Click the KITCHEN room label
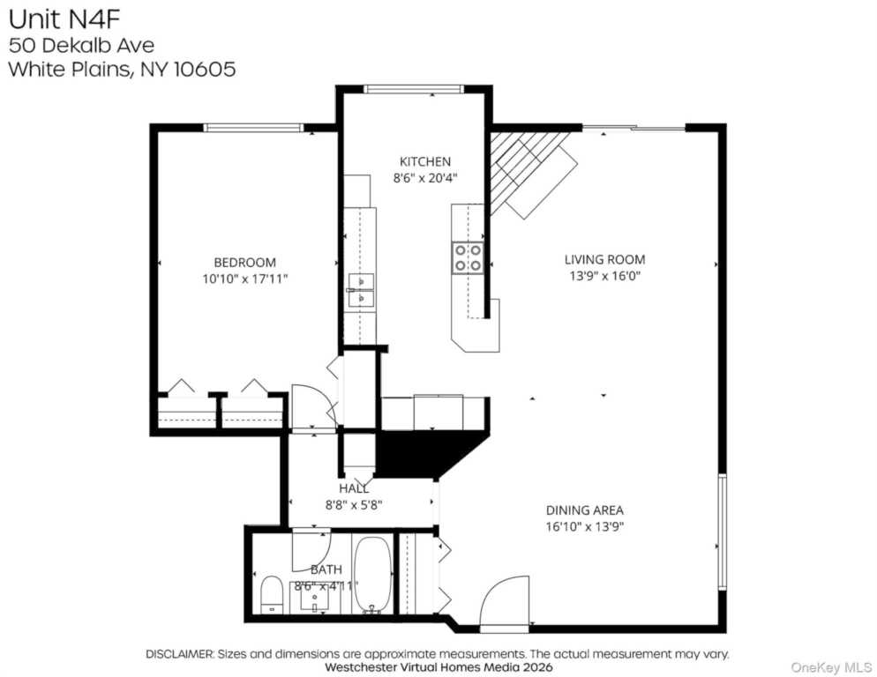click(x=425, y=161)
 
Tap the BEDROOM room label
click(x=245, y=262)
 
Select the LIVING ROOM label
click(x=604, y=259)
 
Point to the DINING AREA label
click(x=584, y=510)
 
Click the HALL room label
click(x=354, y=488)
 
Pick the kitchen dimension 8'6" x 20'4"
click(x=425, y=178)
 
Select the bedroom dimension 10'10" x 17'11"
click(x=245, y=279)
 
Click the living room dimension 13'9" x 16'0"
click(x=604, y=276)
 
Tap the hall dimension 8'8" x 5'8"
click(x=354, y=505)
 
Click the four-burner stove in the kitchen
click(x=468, y=257)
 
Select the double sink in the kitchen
click(x=362, y=291)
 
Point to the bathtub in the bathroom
click(x=373, y=576)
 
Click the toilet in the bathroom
click(x=273, y=595)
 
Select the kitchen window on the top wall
click(x=414, y=89)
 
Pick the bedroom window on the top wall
click(x=253, y=128)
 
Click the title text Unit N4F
click(x=64, y=19)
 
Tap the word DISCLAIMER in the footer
click(x=179, y=653)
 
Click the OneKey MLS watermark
click(x=831, y=667)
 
